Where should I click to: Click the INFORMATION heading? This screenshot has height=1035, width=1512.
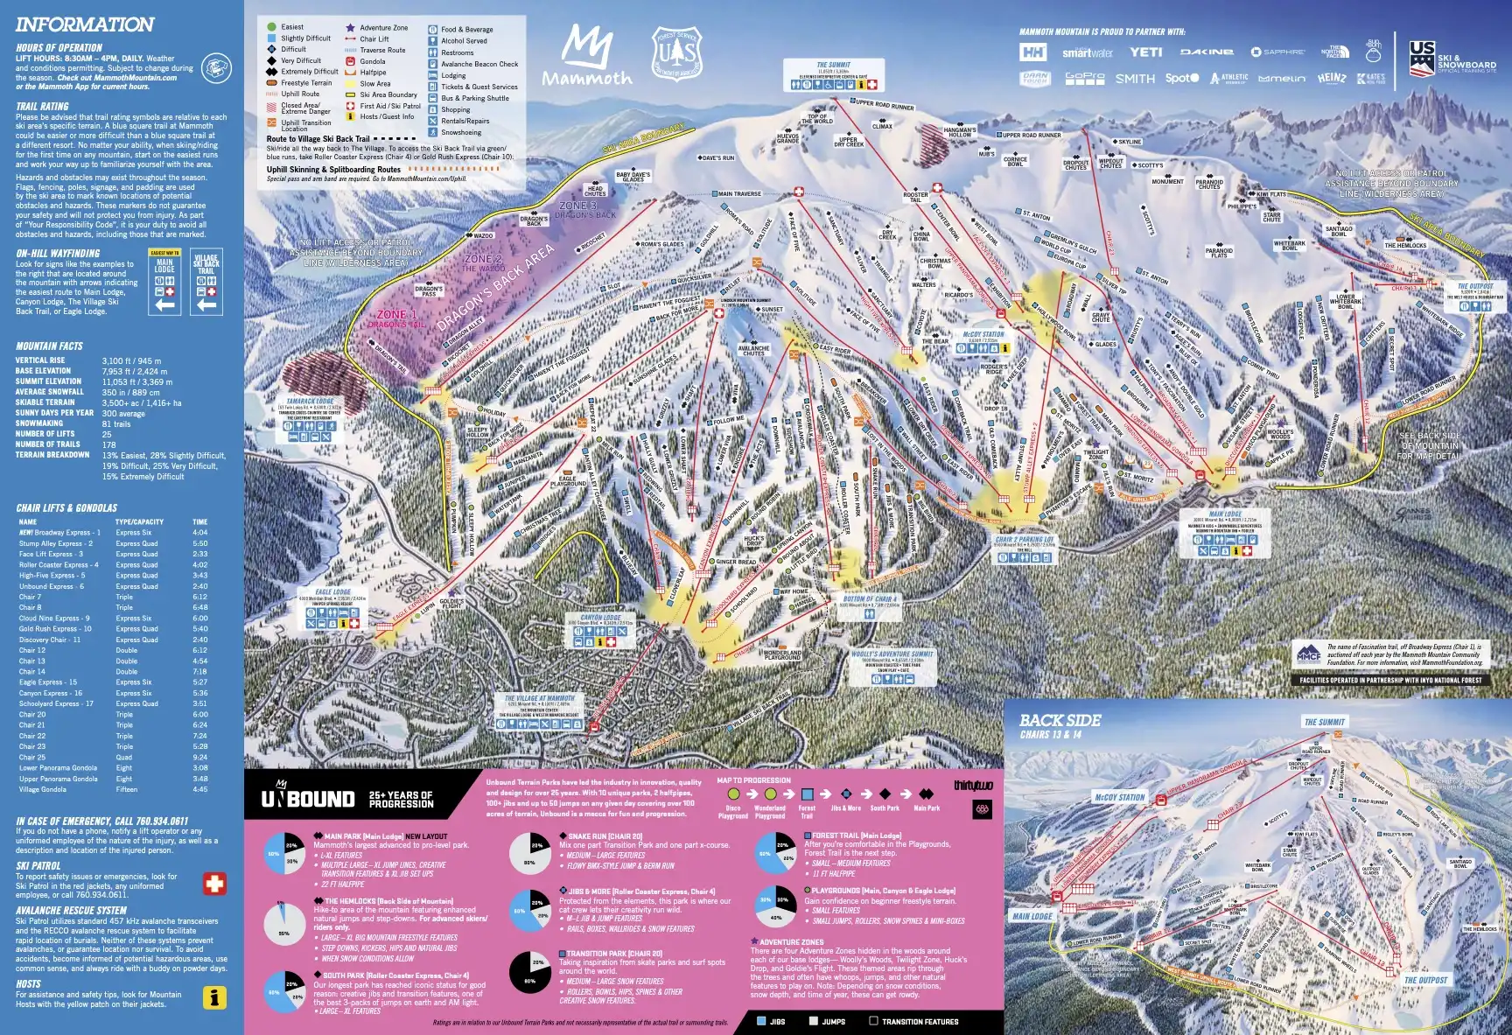tap(85, 24)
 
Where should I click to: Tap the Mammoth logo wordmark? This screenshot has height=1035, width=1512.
tap(586, 78)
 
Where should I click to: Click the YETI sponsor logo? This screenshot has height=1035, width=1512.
tap(1145, 52)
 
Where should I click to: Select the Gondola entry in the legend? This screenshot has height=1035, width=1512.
tap(372, 61)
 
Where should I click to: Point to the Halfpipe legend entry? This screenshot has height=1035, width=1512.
tap(373, 73)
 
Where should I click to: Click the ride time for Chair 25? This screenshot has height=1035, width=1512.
tap(200, 757)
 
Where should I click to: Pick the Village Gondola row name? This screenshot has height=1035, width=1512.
tap(42, 789)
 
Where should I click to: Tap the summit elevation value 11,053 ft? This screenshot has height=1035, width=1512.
tap(136, 381)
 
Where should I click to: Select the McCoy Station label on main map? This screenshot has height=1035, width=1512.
tap(983, 334)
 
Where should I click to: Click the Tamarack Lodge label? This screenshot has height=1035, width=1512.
tap(311, 402)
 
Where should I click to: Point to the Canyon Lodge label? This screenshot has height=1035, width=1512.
tap(600, 617)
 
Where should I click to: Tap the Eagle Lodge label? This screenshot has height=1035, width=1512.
tap(332, 592)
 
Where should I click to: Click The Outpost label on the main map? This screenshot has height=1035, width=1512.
tap(1475, 286)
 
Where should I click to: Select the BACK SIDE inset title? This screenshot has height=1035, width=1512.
tap(1060, 721)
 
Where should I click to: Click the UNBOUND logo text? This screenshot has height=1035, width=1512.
tap(308, 798)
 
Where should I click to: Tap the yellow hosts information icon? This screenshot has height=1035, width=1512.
tap(214, 997)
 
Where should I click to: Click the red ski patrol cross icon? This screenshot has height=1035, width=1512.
tap(214, 884)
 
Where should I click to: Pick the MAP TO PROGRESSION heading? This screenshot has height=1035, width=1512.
tap(753, 780)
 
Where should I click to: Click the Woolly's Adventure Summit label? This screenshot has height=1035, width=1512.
tap(892, 654)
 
